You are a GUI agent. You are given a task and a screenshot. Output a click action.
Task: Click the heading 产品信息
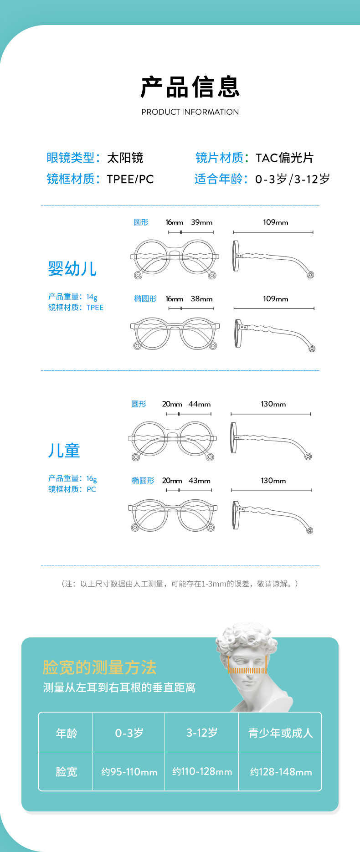[190, 87]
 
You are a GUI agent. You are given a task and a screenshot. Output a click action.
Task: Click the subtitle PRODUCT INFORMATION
[190, 112]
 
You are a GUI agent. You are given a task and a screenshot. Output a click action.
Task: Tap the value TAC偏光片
[284, 158]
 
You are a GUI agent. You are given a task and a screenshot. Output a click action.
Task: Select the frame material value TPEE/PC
[130, 179]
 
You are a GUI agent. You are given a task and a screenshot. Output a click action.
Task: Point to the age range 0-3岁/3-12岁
[292, 179]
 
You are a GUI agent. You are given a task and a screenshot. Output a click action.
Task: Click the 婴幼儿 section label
[72, 268]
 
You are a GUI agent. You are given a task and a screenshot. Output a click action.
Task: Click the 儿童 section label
[64, 450]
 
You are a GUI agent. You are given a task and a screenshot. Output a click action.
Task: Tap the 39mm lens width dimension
[201, 222]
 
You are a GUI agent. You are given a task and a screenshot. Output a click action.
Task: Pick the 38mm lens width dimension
[201, 299]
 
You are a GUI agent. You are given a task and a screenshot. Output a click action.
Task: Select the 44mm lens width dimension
[199, 404]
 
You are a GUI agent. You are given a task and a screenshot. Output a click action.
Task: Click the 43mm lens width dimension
[199, 481]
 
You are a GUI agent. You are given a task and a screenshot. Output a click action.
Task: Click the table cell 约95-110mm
[129, 772]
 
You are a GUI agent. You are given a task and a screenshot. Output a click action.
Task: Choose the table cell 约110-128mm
[202, 771]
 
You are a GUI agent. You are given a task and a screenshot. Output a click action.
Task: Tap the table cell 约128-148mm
[281, 772]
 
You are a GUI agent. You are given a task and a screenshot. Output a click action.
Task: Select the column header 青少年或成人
[281, 733]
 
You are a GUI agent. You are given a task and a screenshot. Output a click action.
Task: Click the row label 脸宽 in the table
[67, 772]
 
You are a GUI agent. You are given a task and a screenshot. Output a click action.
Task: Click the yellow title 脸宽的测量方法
[99, 667]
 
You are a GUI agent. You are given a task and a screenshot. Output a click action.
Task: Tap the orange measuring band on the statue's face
[247, 670]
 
